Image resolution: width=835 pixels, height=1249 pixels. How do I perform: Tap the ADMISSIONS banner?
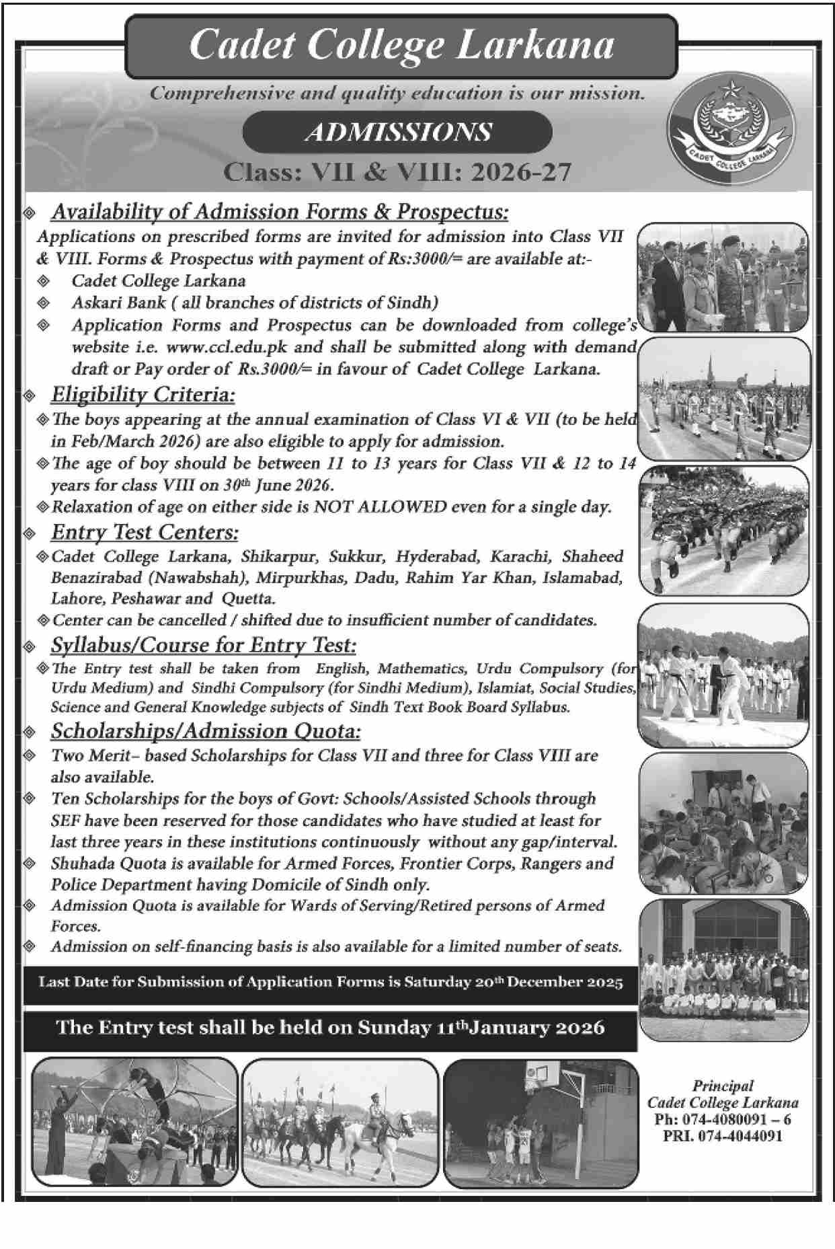coord(397,132)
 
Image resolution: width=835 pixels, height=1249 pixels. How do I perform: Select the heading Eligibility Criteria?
coord(143,394)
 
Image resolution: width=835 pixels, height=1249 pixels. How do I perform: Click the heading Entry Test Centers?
coord(145,533)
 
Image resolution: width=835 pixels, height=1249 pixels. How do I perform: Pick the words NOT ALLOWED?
coord(380,507)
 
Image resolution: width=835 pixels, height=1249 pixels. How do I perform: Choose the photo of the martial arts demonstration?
coord(723,675)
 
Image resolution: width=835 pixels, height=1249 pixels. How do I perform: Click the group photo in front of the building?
coord(723,969)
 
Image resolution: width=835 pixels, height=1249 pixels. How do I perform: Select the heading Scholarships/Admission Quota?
coord(206,731)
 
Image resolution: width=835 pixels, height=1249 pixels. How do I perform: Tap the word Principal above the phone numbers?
coord(723,1086)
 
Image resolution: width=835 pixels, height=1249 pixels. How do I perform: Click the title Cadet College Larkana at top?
coord(401,46)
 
